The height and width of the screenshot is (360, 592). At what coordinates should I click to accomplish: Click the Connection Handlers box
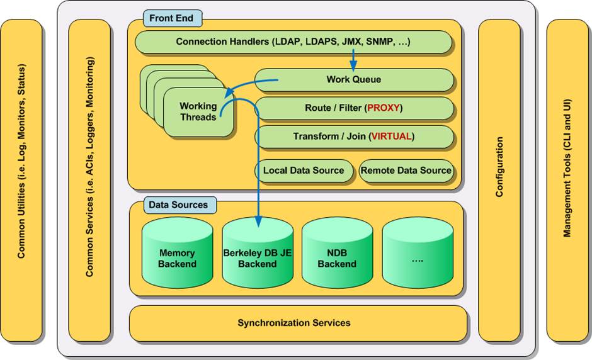293,42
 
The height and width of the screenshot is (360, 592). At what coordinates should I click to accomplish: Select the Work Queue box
354,80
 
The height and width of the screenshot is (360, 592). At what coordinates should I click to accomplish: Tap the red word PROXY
383,108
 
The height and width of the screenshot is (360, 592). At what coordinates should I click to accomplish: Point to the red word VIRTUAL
393,137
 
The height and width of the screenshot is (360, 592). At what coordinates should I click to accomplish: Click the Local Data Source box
304,171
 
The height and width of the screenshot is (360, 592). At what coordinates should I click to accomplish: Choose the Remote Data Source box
406,171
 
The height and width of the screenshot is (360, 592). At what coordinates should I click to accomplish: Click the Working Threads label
198,111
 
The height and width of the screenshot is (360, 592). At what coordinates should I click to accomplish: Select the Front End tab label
172,18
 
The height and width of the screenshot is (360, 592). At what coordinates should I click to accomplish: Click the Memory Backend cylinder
177,255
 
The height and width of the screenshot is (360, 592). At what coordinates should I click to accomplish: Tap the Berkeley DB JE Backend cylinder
257,255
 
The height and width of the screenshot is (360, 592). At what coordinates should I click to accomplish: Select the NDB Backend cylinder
337,255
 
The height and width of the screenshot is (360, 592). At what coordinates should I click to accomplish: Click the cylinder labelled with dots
417,255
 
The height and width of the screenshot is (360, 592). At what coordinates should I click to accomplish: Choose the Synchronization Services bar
294,323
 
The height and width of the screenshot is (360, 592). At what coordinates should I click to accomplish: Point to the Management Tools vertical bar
567,179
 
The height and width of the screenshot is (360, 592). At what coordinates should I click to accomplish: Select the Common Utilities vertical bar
21,179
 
